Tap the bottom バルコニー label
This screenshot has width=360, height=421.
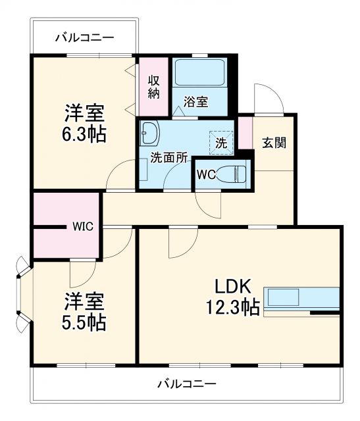point(186,383)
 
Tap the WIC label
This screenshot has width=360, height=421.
point(82,226)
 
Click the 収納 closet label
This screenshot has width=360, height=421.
point(153,87)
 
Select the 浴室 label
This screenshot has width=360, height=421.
point(195,102)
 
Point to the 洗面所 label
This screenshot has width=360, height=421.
point(169,157)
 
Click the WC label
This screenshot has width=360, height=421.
point(206,176)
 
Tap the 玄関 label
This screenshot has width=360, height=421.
point(274,143)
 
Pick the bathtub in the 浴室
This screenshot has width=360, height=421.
point(200,74)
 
